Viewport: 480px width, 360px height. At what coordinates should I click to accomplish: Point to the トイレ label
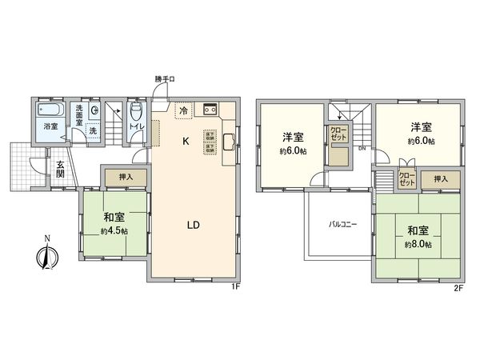tap(135, 126)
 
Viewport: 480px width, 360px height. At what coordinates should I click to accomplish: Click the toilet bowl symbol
tap(135, 110)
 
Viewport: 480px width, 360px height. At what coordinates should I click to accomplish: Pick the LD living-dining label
tap(193, 225)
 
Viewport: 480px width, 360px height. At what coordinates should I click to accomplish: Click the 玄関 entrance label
tap(61, 172)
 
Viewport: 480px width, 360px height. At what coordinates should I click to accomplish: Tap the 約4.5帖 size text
tap(114, 231)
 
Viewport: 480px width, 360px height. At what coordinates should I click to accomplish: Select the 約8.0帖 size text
tap(418, 244)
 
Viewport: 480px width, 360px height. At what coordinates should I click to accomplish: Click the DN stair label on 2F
tap(362, 149)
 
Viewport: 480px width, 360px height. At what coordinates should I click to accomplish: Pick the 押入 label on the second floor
tap(442, 180)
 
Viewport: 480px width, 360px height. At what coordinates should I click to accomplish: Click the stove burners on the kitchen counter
tap(211, 110)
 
